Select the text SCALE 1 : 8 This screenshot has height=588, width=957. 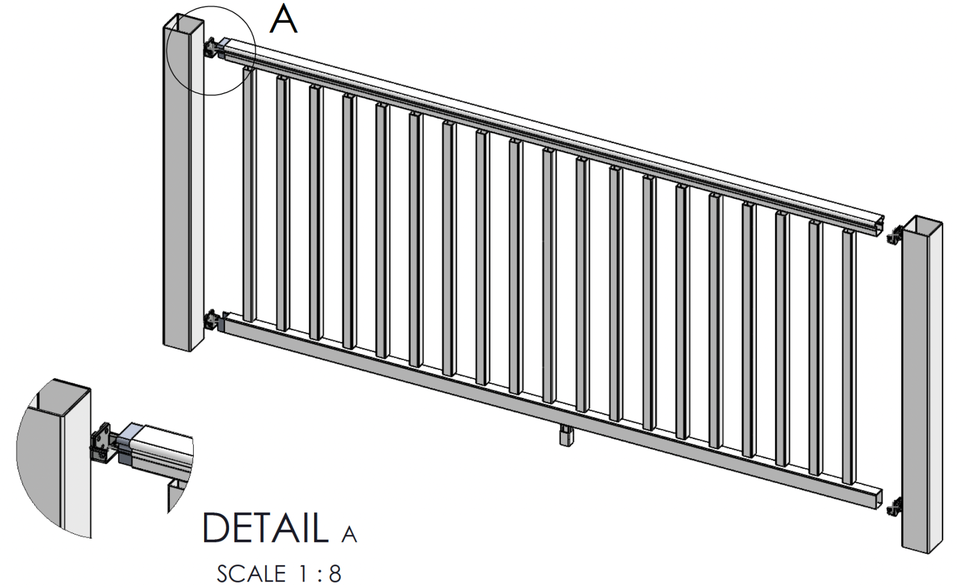279,573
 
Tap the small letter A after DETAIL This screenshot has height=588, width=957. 348,534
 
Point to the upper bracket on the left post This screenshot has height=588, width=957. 211,48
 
